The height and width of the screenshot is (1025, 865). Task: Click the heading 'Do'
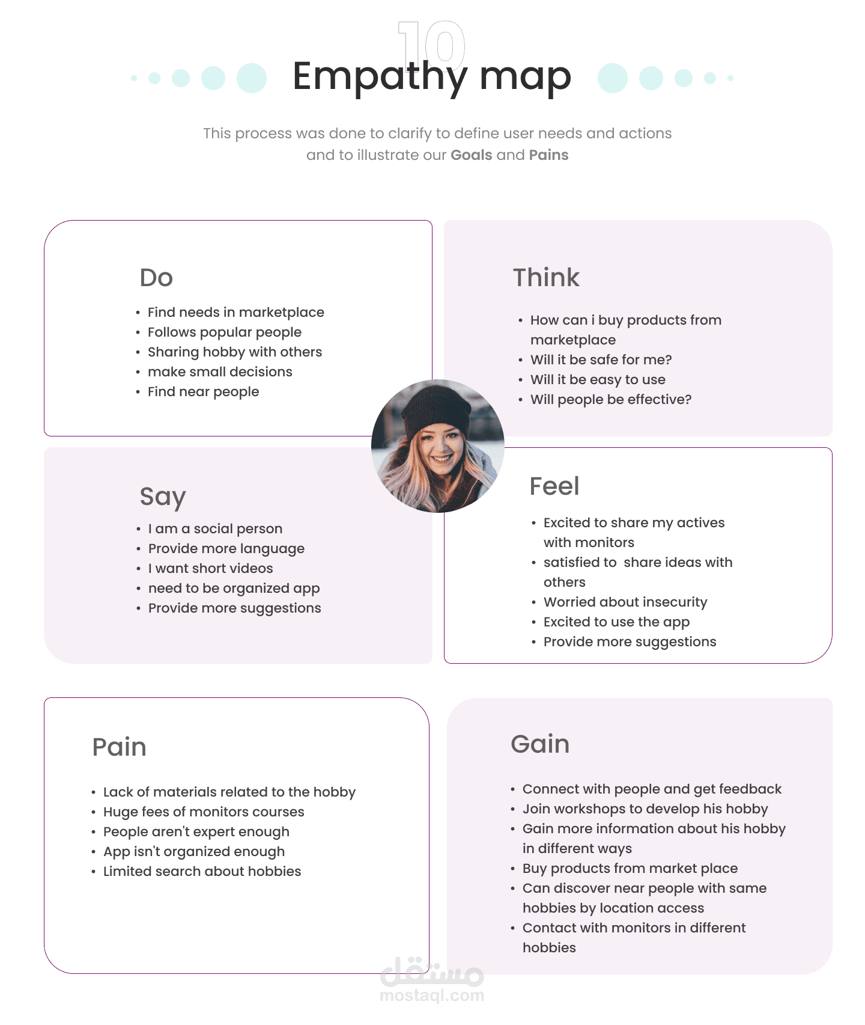156,278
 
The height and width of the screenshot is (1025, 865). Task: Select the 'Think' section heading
546,278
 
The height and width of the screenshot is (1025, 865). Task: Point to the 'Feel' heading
554,486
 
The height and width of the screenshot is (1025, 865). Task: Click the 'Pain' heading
120,747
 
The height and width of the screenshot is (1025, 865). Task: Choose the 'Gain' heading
540,744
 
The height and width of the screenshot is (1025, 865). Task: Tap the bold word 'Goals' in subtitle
472,155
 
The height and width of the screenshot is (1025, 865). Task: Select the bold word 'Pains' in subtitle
548,155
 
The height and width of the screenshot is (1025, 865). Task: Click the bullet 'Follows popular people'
225,332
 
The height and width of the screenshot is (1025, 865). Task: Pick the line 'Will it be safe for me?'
601,360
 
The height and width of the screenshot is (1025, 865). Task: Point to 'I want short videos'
210,569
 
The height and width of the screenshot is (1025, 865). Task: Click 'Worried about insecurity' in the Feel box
625,602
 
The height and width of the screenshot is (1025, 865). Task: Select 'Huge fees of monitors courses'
204,812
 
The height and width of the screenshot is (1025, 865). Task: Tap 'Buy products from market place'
630,869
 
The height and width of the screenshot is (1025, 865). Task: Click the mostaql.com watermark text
432,996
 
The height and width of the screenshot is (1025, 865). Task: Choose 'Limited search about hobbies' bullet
202,872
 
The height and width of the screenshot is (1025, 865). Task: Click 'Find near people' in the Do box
203,392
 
